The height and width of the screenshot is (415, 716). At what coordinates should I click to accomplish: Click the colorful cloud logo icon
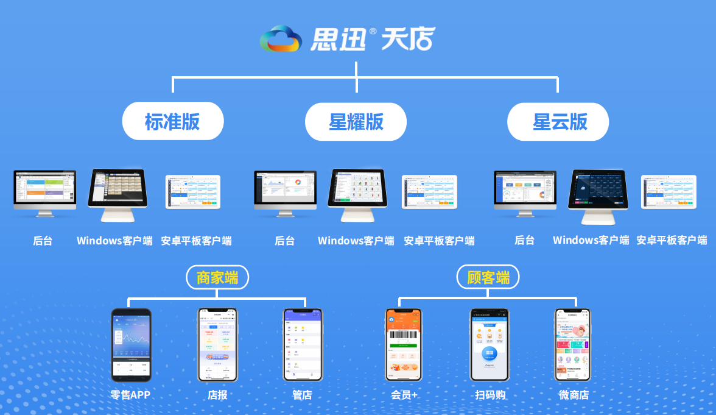[280, 39]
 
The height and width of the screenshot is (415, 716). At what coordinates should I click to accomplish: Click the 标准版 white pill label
[173, 121]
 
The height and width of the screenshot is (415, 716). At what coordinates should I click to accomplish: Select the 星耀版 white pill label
[356, 121]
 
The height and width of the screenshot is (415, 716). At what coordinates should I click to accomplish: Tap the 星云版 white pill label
[559, 121]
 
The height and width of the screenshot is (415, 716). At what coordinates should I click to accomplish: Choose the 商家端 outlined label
[217, 277]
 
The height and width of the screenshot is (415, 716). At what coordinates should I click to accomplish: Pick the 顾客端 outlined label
[488, 277]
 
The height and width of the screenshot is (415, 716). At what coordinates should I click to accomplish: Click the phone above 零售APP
[131, 345]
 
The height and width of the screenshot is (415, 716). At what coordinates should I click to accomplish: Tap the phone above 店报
[217, 345]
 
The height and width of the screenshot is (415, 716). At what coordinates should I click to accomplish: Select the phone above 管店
[303, 345]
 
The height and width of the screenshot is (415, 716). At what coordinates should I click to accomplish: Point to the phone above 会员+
[404, 345]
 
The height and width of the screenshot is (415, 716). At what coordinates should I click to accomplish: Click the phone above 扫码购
[490, 345]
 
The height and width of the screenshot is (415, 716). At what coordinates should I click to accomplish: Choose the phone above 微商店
[572, 345]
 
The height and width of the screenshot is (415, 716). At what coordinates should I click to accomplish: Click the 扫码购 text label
[490, 395]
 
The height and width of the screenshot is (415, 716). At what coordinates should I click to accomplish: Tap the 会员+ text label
[404, 395]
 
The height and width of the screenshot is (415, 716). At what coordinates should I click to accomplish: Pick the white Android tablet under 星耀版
[430, 193]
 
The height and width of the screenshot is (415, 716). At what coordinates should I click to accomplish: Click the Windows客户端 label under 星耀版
[356, 240]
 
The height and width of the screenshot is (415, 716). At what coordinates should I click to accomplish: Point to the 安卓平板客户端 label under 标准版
[196, 240]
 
